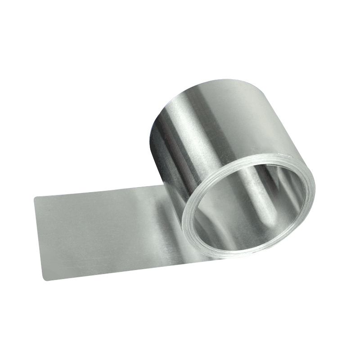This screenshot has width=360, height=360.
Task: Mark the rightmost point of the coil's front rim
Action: point(314,198)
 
